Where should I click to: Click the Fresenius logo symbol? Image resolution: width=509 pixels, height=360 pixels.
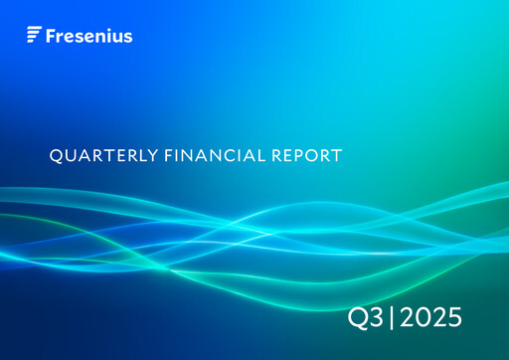tap(34, 36)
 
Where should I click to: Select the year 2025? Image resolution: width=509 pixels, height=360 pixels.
tap(428, 318)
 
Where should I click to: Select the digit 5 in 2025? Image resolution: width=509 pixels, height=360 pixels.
tap(453, 318)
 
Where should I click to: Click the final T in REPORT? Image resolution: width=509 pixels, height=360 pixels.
tap(337, 155)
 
